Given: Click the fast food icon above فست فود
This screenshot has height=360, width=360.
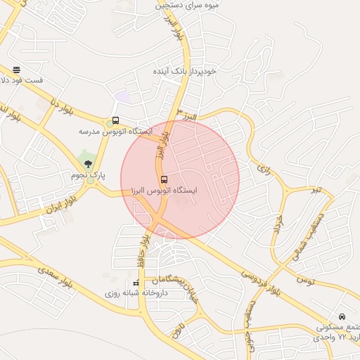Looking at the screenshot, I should pos(16,70).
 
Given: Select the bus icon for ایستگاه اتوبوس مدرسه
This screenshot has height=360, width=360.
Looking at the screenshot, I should pos(115,120).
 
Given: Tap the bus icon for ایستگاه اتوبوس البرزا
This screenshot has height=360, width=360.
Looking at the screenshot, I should pos(164,179).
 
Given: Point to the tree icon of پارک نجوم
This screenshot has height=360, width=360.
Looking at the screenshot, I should pos(88,164).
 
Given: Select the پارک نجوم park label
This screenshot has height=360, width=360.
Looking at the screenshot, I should pos(88,174).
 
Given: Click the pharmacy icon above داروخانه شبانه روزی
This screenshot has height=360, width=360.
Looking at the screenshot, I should pos(136,282).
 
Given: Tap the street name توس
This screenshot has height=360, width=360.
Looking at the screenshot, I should pos(304,280).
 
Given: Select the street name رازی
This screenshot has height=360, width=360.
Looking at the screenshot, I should pos(264,169).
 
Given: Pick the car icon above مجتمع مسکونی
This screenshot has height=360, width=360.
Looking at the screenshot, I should pos(342,317).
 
